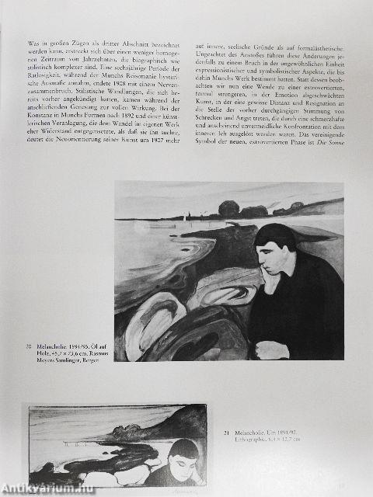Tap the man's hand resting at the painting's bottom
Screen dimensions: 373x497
272,349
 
